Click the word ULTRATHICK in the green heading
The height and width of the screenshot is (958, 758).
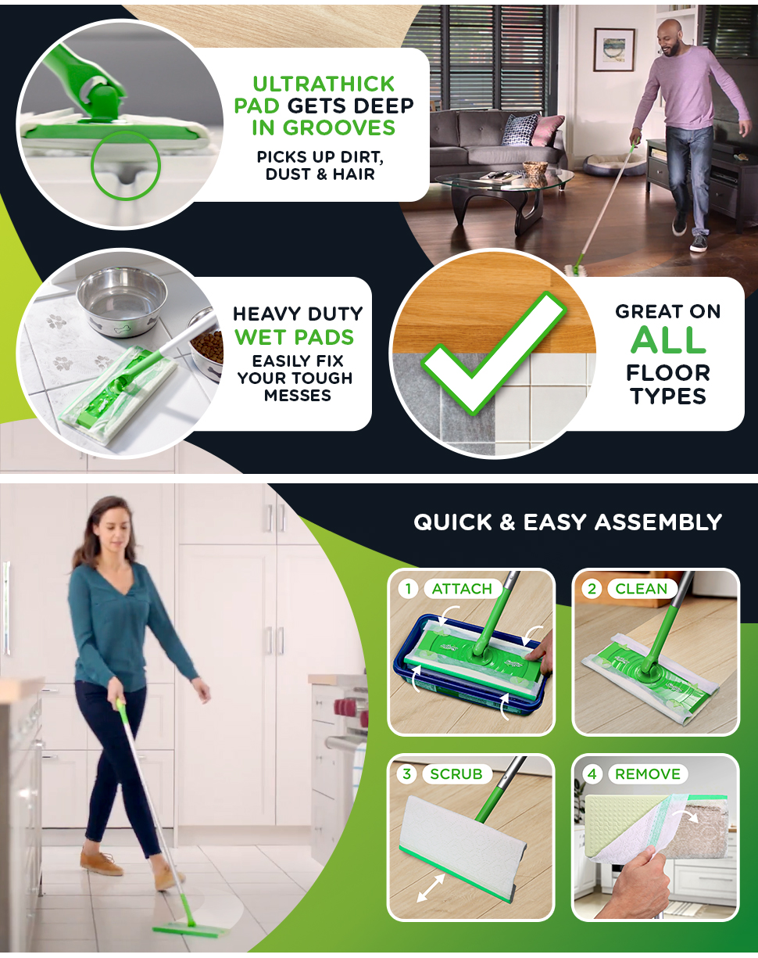coord(324,84)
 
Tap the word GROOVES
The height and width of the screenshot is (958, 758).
coord(339,127)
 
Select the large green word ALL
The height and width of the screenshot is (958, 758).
coord(668,340)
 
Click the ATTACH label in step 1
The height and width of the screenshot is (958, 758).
coord(462,589)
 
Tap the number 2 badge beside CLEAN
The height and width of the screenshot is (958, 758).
coord(592,589)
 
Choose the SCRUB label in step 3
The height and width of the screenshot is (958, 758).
coord(456,773)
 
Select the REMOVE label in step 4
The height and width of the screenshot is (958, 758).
coord(648,773)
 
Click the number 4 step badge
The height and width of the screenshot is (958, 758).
coord(592,773)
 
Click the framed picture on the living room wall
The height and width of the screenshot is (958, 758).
coord(614,49)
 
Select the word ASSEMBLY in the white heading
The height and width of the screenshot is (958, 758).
coord(658,522)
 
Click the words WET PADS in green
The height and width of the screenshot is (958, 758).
coord(294,336)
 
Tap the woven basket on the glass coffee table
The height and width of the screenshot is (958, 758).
coord(535,169)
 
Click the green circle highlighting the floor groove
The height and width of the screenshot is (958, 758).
coord(126,166)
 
